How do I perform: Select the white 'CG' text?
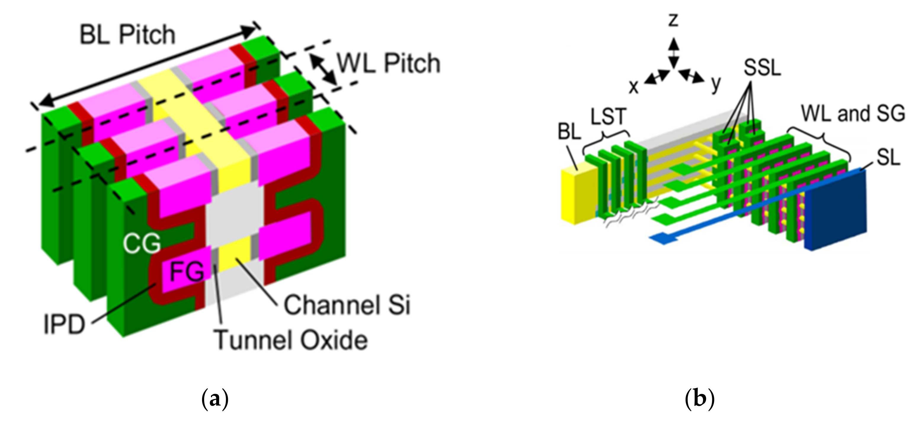click(x=141, y=244)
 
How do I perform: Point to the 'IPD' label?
click(x=64, y=325)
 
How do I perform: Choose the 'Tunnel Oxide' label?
click(x=291, y=340)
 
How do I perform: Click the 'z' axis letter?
click(x=674, y=21)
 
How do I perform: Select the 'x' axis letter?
click(x=634, y=87)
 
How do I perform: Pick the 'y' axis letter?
click(x=715, y=84)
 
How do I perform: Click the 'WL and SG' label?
click(x=853, y=114)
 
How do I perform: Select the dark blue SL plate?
click(x=838, y=211)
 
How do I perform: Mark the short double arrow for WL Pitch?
click(x=324, y=70)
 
